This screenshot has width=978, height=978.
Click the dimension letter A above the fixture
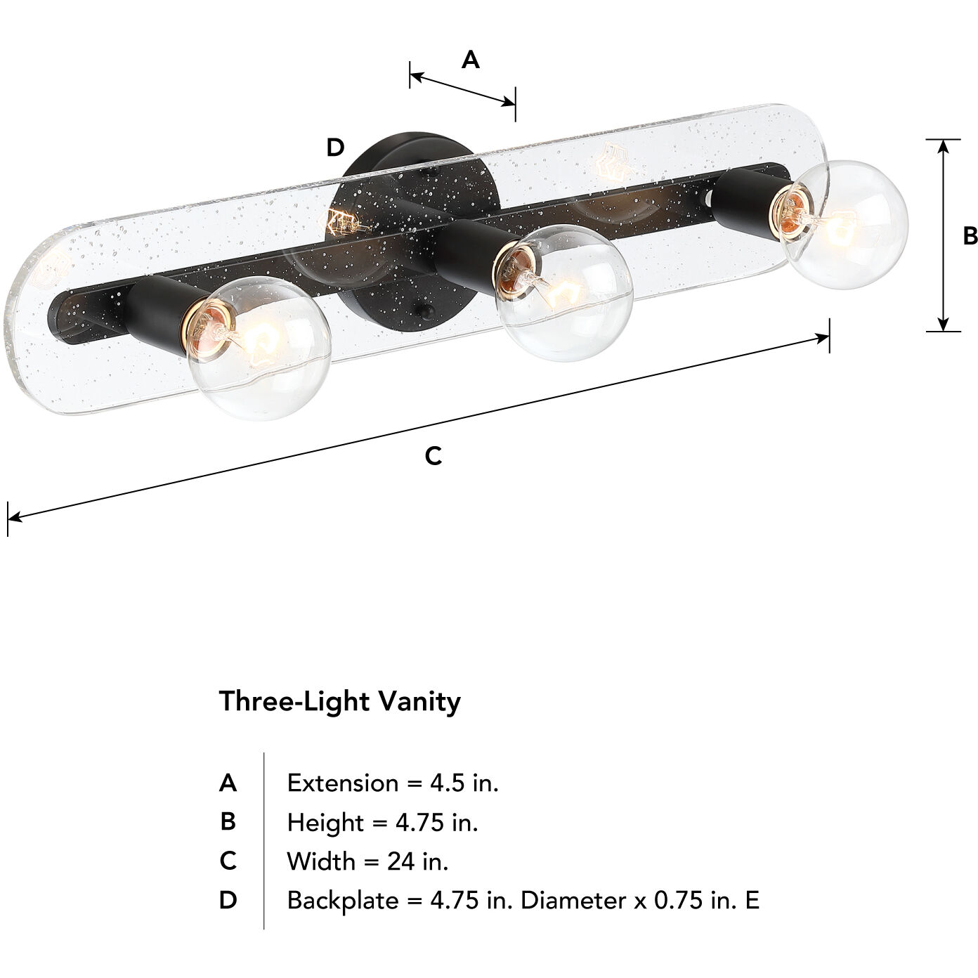470,60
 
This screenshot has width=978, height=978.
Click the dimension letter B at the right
970,236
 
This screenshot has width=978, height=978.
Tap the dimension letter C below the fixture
433,456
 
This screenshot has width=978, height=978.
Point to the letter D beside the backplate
336,148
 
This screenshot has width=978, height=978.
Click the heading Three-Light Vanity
340,701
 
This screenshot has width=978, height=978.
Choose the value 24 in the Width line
402,861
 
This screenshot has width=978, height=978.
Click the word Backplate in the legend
342,900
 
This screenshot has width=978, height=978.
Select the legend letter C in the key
228,861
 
